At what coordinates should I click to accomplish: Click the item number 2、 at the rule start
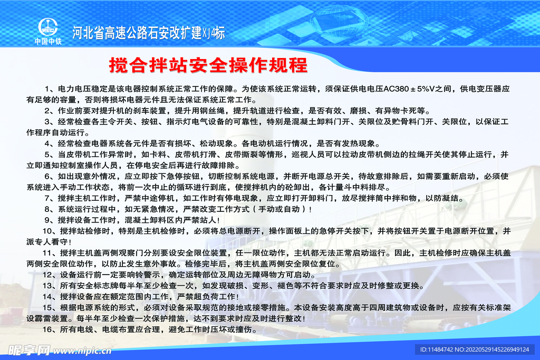pyautogui.click(x=49, y=111)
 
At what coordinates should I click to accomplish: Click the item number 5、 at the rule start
pyautogui.click(x=49, y=154)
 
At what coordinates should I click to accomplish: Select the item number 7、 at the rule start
pyautogui.click(x=49, y=198)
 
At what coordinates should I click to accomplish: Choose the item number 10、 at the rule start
pyautogui.click(x=49, y=231)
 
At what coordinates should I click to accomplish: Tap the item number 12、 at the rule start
pyautogui.click(x=49, y=275)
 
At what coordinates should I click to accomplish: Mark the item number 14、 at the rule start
pyautogui.click(x=49, y=297)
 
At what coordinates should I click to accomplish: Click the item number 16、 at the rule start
pyautogui.click(x=49, y=329)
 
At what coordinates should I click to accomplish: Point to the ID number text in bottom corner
pyautogui.click(x=474, y=349)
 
